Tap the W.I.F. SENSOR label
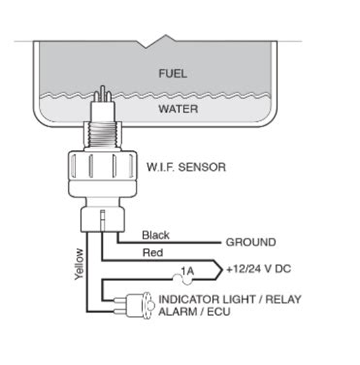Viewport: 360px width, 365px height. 186,167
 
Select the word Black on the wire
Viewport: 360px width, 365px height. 155,235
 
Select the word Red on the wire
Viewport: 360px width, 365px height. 152,254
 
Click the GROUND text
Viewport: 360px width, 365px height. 251,243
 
